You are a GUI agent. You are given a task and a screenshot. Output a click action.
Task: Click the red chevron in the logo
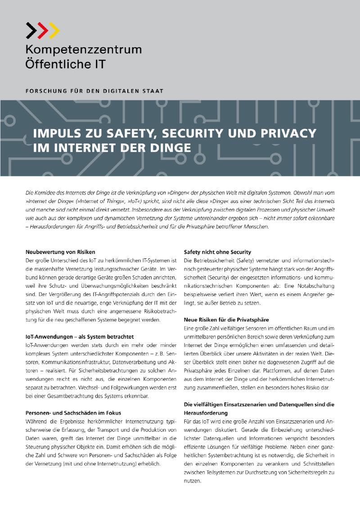click(x=42, y=31)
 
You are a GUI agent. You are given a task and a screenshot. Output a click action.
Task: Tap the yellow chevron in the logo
click(x=54, y=31)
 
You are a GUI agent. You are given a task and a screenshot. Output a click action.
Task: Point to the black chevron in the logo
click(x=31, y=31)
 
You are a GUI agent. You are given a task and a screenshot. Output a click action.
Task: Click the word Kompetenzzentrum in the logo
click(x=83, y=50)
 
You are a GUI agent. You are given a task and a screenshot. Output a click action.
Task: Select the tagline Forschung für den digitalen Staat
click(x=94, y=90)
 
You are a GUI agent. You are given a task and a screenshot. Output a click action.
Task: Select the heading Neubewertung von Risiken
click(x=60, y=252)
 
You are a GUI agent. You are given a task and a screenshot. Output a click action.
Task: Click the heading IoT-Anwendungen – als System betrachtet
click(x=80, y=337)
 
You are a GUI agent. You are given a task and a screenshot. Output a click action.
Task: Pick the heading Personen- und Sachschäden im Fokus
click(x=73, y=413)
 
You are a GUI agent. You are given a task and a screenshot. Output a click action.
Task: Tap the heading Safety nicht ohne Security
click(x=217, y=252)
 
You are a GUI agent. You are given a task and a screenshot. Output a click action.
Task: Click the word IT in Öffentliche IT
click(x=99, y=64)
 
